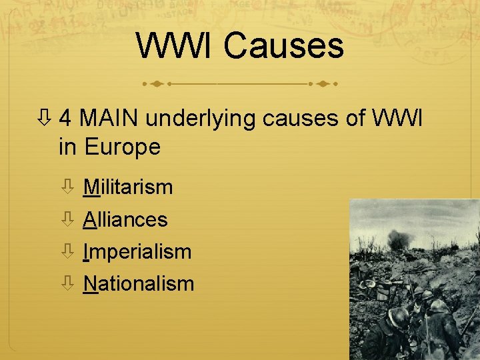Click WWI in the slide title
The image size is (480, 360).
[x=176, y=47]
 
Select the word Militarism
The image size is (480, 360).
[x=128, y=187]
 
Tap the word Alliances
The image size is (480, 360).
[x=125, y=219]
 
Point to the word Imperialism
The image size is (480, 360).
[x=137, y=252]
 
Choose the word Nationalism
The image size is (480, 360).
[x=139, y=284]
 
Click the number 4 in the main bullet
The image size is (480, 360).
[x=66, y=119]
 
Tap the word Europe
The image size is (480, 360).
[x=123, y=147]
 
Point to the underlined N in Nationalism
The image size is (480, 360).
[x=90, y=284]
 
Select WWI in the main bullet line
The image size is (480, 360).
[x=399, y=119]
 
